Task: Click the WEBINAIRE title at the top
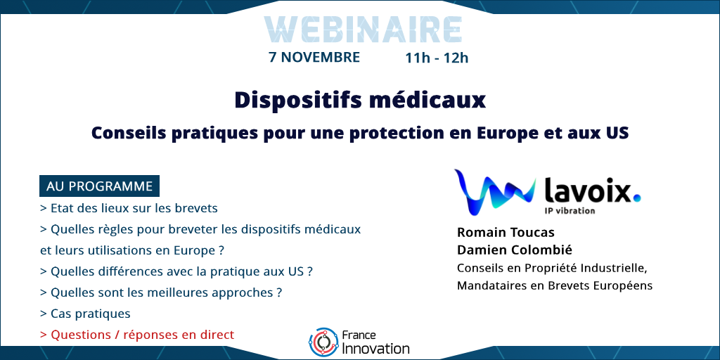pos(363,30)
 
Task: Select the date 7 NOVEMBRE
pos(314,58)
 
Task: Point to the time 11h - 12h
pos(437,58)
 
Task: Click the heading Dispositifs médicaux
pos(360,100)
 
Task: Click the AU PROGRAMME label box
pos(99,186)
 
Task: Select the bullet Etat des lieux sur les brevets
pos(129,208)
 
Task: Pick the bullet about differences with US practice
pos(176,271)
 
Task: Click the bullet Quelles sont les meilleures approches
pos(161,292)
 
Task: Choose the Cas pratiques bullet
pos(85,314)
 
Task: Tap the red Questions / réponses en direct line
pos(137,335)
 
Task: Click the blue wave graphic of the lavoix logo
pos(495,191)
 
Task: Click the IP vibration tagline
pos(570,211)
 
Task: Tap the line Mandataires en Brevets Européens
pos(555,285)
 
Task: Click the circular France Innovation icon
pos(323,342)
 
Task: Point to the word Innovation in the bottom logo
pos(376,348)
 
